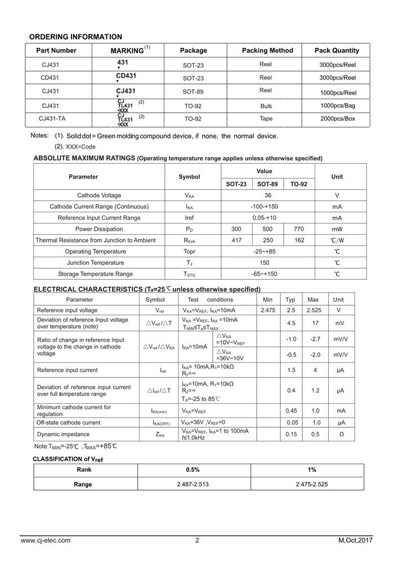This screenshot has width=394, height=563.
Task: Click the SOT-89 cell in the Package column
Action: pyautogui.click(x=193, y=92)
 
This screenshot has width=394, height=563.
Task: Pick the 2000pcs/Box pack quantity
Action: pyautogui.click(x=338, y=119)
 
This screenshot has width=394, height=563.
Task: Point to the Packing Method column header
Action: pyautogui.click(x=267, y=51)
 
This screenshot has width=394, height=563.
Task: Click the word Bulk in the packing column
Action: pyautogui.click(x=266, y=106)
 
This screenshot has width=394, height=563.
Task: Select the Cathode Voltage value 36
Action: pyautogui.click(x=268, y=195)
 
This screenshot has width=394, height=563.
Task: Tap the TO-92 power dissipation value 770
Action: pyautogui.click(x=299, y=229)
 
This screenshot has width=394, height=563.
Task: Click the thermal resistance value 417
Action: pyautogui.click(x=236, y=240)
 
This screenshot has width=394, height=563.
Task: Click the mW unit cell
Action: pyautogui.click(x=337, y=229)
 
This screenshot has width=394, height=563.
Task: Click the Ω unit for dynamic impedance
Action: pyautogui.click(x=339, y=434)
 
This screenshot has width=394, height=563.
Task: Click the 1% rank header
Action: pyautogui.click(x=312, y=470)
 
